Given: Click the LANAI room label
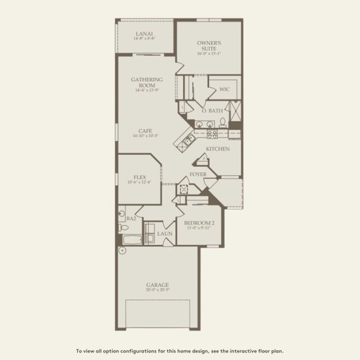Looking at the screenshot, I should tap(145, 34).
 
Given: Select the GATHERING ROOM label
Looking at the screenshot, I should tap(144, 82).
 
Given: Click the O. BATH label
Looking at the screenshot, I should tap(212, 110).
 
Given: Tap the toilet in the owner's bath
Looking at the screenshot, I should tap(223, 122).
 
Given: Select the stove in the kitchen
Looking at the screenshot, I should tap(211, 134).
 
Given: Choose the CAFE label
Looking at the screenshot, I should tap(145, 131).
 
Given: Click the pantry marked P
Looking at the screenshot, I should tap(203, 159).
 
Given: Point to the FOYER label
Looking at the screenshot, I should tap(198, 175).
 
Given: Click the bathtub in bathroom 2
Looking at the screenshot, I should tap(131, 239).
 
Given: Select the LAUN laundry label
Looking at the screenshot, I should tap(164, 233).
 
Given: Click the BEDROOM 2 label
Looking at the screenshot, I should tap(199, 223).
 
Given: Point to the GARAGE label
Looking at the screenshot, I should tap(157, 284).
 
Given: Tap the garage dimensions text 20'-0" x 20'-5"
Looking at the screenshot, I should tap(157, 290).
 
